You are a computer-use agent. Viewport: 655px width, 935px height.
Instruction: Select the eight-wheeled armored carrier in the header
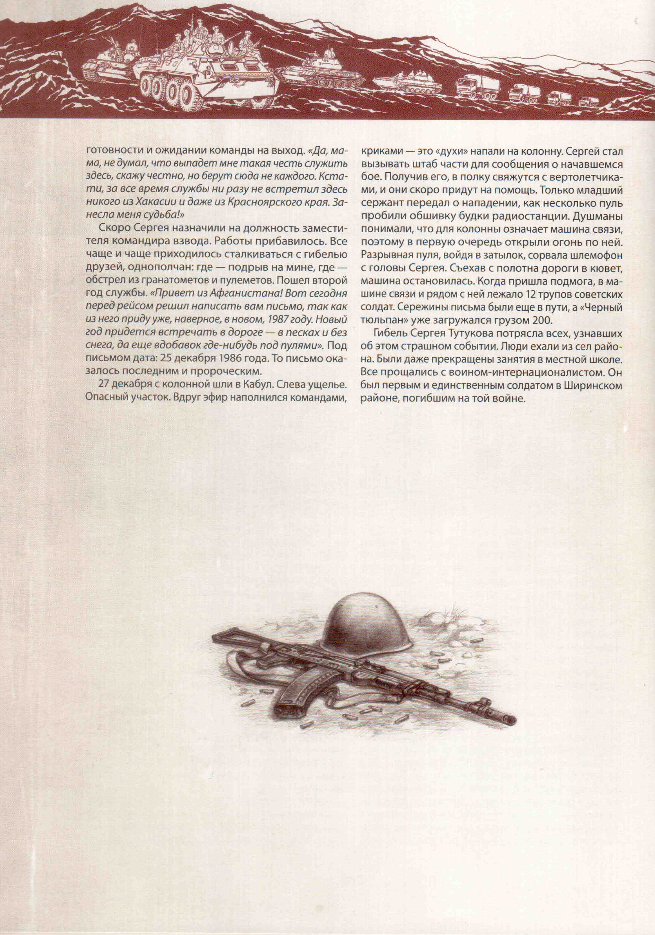tap(208, 77)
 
